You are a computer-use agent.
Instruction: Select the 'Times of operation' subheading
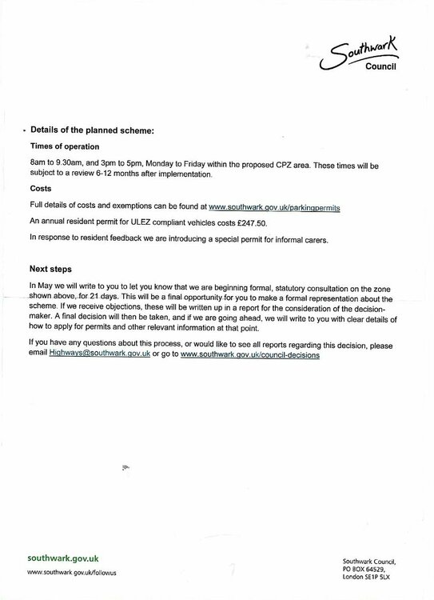[66, 147]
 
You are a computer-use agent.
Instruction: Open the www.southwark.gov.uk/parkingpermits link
[274, 207]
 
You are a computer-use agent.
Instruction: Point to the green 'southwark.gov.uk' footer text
[63, 558]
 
